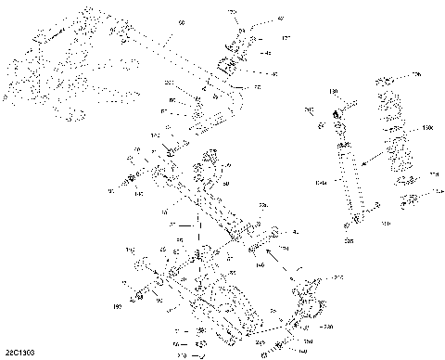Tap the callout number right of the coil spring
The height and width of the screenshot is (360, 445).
click(427, 125)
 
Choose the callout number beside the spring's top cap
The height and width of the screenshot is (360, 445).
click(417, 72)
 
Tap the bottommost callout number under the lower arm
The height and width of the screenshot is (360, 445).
click(182, 354)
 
